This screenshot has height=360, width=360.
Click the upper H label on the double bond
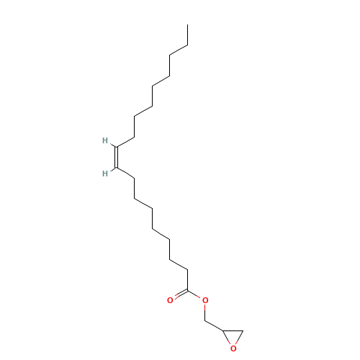(105, 140)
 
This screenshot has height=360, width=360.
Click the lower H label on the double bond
(105, 174)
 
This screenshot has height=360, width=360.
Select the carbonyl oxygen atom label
(170, 300)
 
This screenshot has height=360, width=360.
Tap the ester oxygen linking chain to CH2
(205, 300)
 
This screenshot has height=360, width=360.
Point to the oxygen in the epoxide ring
(233, 348)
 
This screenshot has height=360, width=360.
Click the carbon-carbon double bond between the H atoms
(117, 157)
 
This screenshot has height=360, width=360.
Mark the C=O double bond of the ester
(181, 294)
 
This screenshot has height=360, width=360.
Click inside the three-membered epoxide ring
(233, 337)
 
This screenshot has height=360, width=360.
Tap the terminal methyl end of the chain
(187, 24)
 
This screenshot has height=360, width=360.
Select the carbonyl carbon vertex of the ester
(187, 290)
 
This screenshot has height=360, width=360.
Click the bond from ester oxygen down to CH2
(205, 312)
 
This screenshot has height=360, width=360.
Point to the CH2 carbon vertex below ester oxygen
(205, 320)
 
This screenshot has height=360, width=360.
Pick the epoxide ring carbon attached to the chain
(222, 330)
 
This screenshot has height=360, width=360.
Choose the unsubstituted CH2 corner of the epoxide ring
(243, 330)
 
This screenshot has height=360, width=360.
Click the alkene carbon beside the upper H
(117, 147)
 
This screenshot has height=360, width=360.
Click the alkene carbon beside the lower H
(117, 167)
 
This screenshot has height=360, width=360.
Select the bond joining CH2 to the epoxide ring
(214, 325)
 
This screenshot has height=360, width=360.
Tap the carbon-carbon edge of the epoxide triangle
(233, 330)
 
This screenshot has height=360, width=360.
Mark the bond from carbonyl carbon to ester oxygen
(194, 294)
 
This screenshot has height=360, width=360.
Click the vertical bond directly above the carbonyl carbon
(187, 280)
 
